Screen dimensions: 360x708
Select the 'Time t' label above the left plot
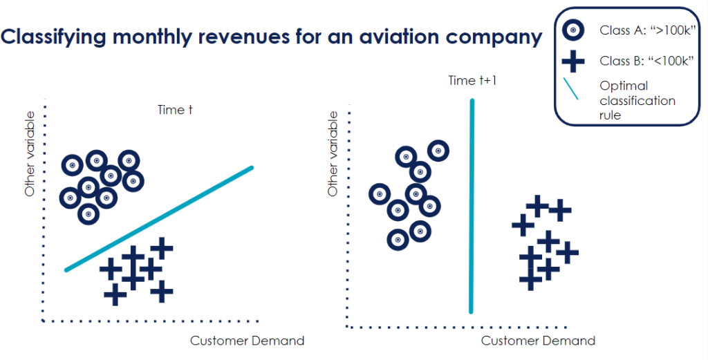pyautogui.click(x=170, y=110)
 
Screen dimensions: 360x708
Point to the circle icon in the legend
pyautogui.click(x=572, y=30)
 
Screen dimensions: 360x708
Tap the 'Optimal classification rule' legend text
pyautogui.click(x=637, y=100)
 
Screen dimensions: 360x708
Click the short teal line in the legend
pyautogui.click(x=571, y=94)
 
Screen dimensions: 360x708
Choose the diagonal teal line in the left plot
pyautogui.click(x=160, y=218)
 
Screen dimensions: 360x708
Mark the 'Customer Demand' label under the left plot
pyautogui.click(x=247, y=341)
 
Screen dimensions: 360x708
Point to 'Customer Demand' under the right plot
pyautogui.click(x=538, y=341)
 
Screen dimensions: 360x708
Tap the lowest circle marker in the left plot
pyautogui.click(x=88, y=214)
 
